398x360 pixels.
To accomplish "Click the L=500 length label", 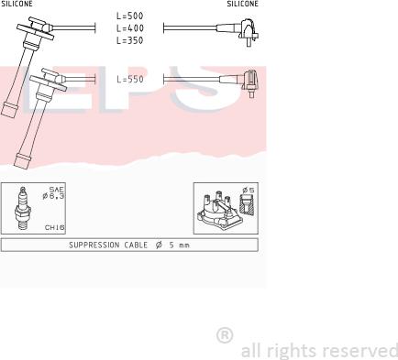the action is coord(129,16).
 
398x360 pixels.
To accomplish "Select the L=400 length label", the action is coord(129,28).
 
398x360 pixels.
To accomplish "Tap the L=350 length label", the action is coord(129,40).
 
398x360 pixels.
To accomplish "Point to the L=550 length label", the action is coord(130,80).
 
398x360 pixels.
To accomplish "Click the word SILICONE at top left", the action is coord(17,4).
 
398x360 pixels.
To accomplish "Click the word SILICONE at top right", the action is coord(243,4).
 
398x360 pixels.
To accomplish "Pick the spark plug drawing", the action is coord(23,209).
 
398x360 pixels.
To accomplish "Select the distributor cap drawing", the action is coord(218,212).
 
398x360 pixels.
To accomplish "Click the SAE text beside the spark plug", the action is coord(57,190).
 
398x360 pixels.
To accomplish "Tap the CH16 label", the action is coord(55,227).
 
